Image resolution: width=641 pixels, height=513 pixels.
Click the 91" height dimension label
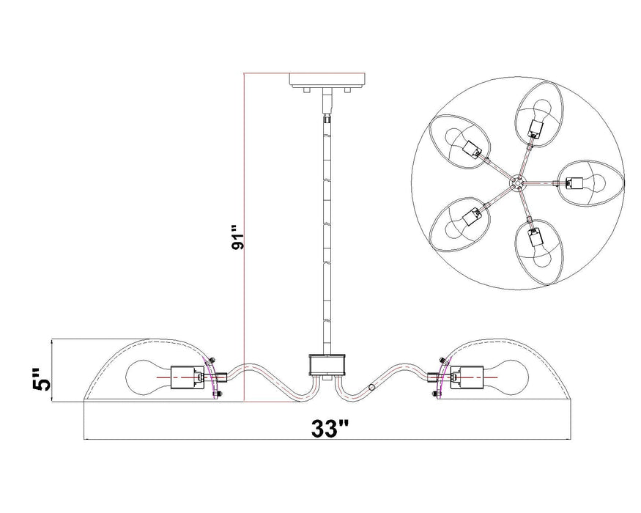(236, 239)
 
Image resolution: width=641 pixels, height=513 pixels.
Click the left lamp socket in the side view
(186, 378)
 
